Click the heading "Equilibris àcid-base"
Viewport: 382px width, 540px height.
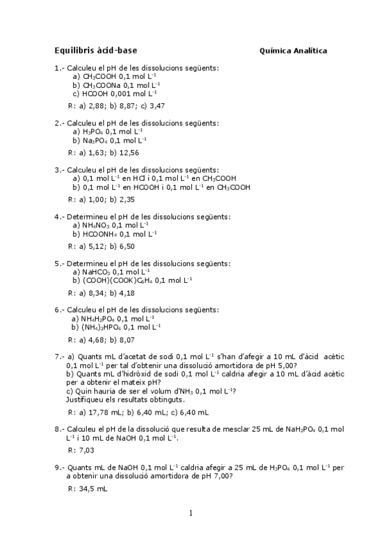(96, 50)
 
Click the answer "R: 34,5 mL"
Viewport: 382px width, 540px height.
(87, 488)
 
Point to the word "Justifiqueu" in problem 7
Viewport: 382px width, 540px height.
(85, 400)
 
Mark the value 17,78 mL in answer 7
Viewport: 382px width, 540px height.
(99, 412)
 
